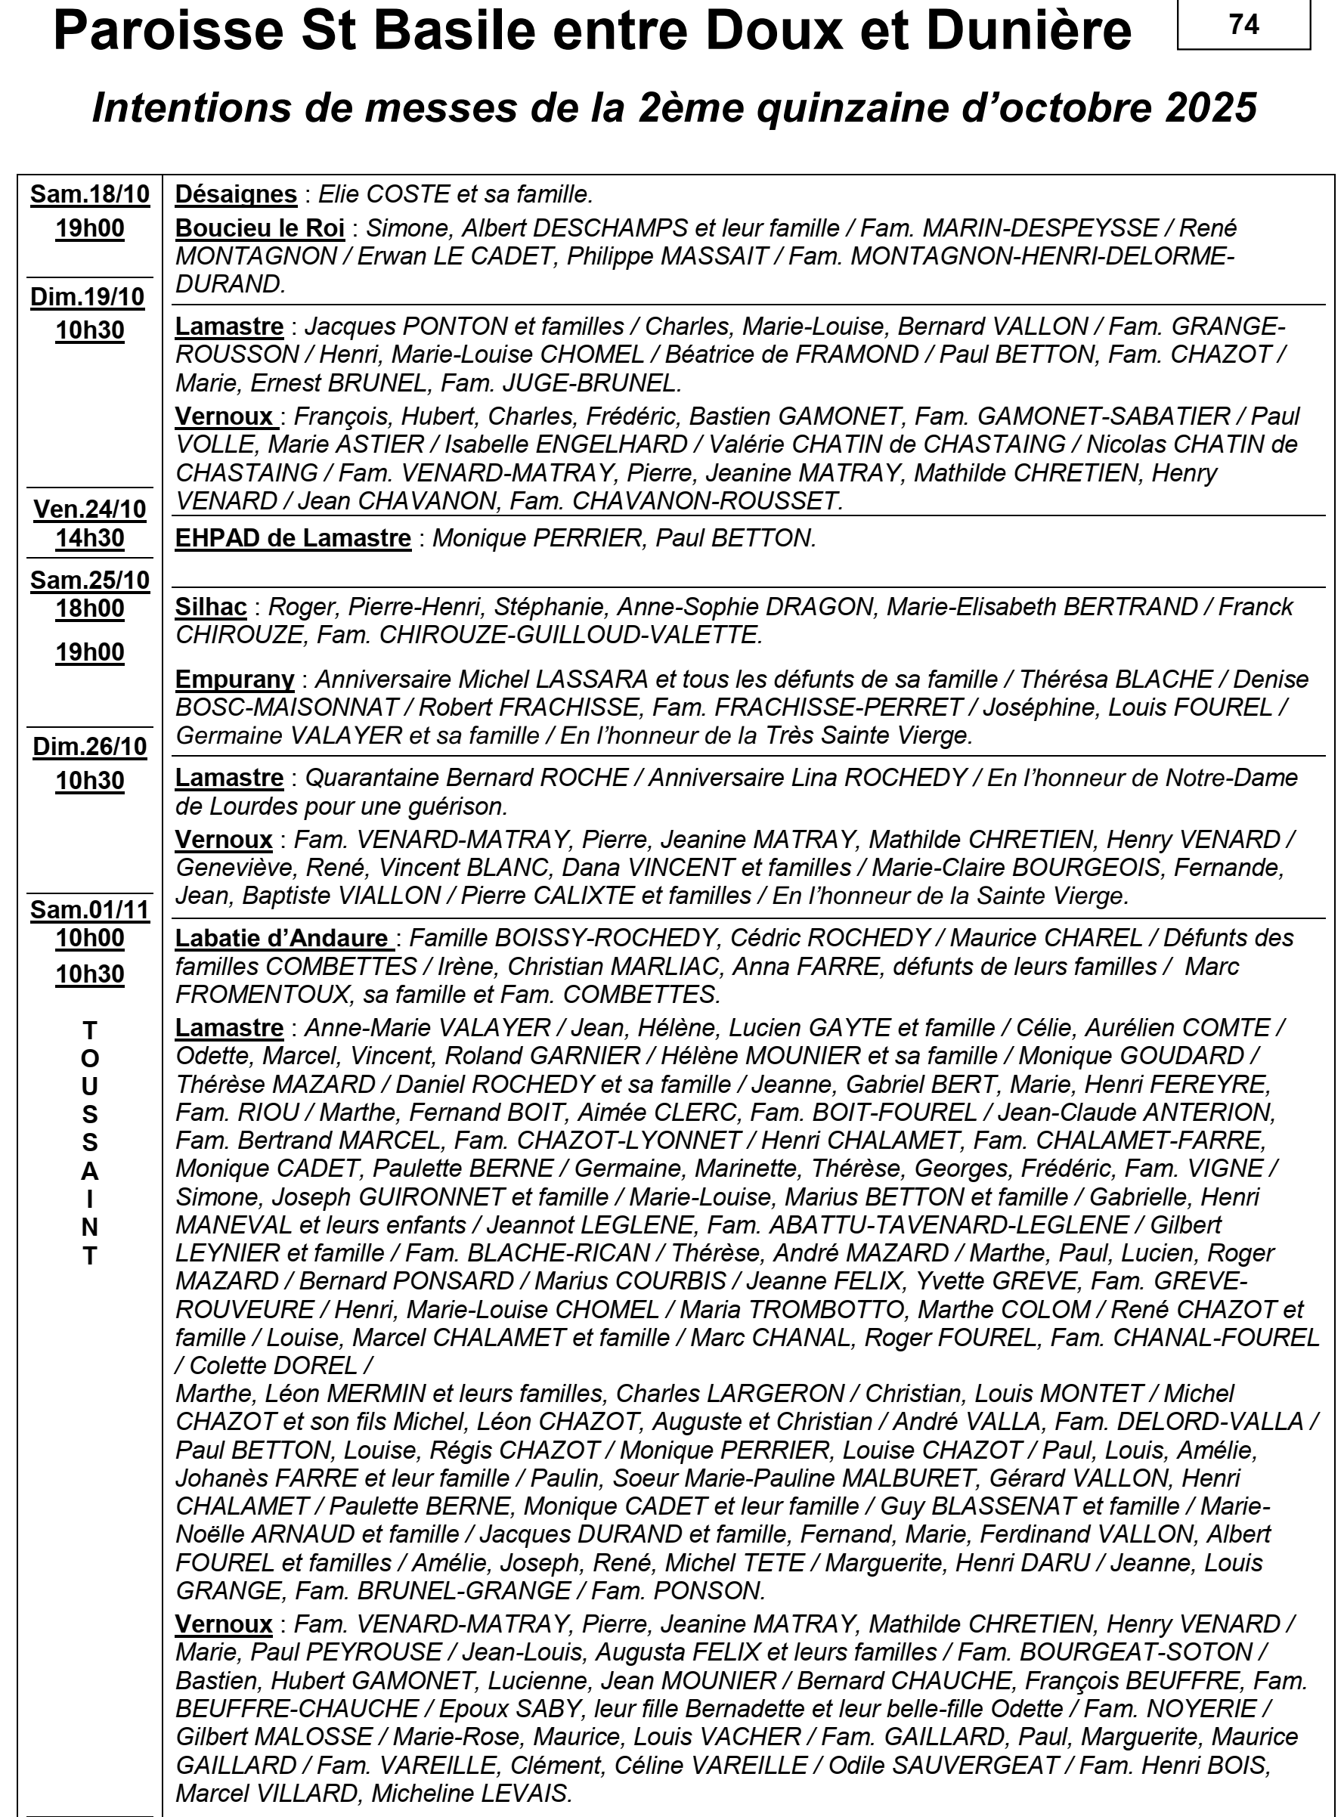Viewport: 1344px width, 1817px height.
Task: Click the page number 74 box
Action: tap(1244, 26)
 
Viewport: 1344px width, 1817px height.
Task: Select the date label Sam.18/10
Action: tap(90, 194)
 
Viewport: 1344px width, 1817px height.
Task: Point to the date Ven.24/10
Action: tap(90, 509)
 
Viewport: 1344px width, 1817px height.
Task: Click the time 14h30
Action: tap(90, 537)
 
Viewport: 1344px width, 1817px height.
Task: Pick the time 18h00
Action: tap(90, 608)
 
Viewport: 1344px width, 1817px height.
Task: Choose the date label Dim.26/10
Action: tap(90, 748)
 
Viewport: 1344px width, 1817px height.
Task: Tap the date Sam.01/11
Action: tap(90, 909)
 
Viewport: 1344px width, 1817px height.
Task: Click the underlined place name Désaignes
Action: tap(236, 194)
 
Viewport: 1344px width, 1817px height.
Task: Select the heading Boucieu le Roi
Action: tap(259, 228)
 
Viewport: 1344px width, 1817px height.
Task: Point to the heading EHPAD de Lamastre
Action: tap(293, 538)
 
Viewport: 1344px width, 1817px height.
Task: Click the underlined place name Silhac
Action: tap(211, 607)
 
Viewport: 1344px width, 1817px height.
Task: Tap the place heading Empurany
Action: tap(234, 679)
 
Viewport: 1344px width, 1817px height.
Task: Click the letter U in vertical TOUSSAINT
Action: tap(89, 1087)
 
